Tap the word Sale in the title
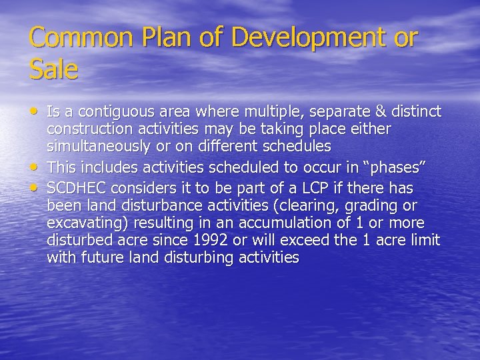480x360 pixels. pos(53,69)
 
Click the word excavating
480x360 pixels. pos(85,221)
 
